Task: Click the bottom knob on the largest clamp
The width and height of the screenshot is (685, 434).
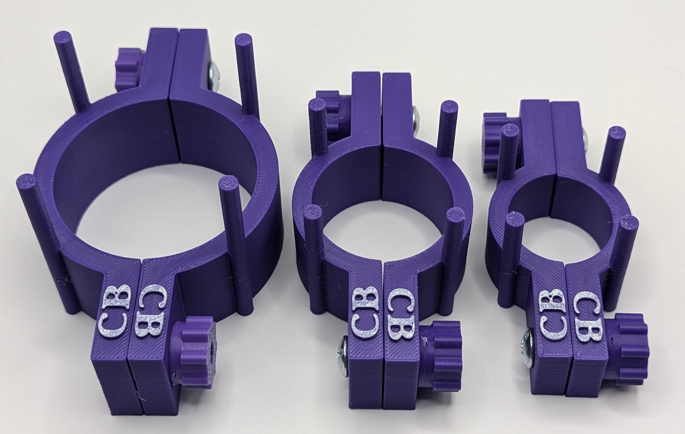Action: (x=194, y=351)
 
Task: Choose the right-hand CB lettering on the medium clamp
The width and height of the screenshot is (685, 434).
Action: (x=401, y=314)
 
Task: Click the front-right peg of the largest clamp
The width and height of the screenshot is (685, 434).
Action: (x=237, y=244)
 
